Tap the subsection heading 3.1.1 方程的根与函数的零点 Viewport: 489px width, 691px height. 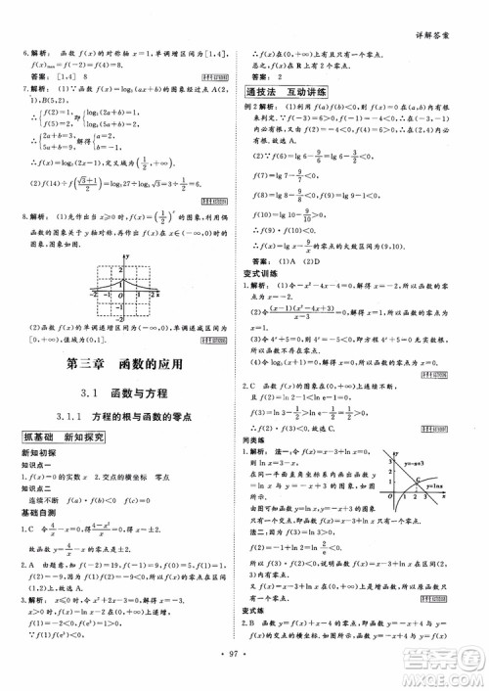[x=123, y=416]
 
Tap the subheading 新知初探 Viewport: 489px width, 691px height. [x=38, y=453]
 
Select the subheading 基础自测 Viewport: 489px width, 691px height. [x=38, y=512]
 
